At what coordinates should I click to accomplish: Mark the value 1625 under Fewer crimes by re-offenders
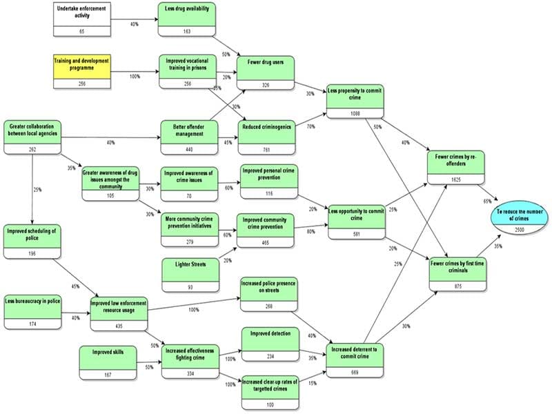coord(456,179)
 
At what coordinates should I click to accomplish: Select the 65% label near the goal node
coord(488,201)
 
